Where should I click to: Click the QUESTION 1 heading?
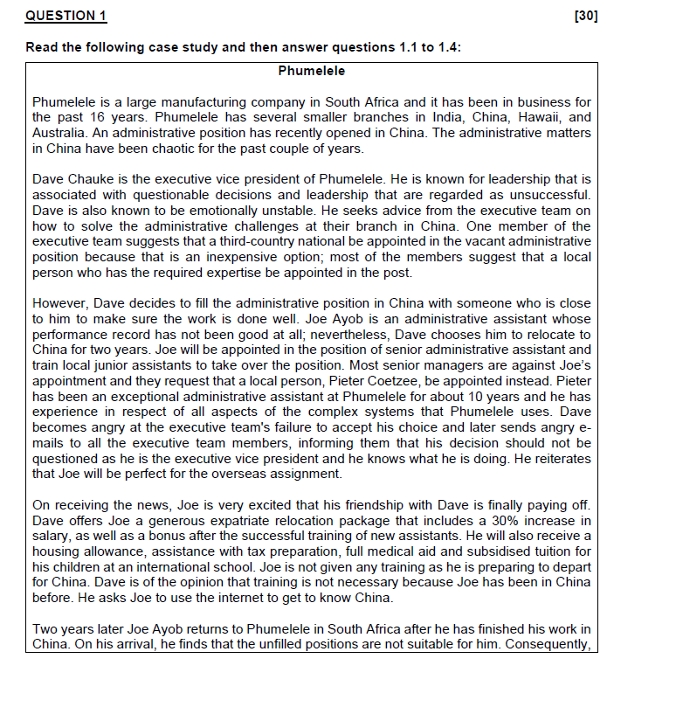[66, 16]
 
